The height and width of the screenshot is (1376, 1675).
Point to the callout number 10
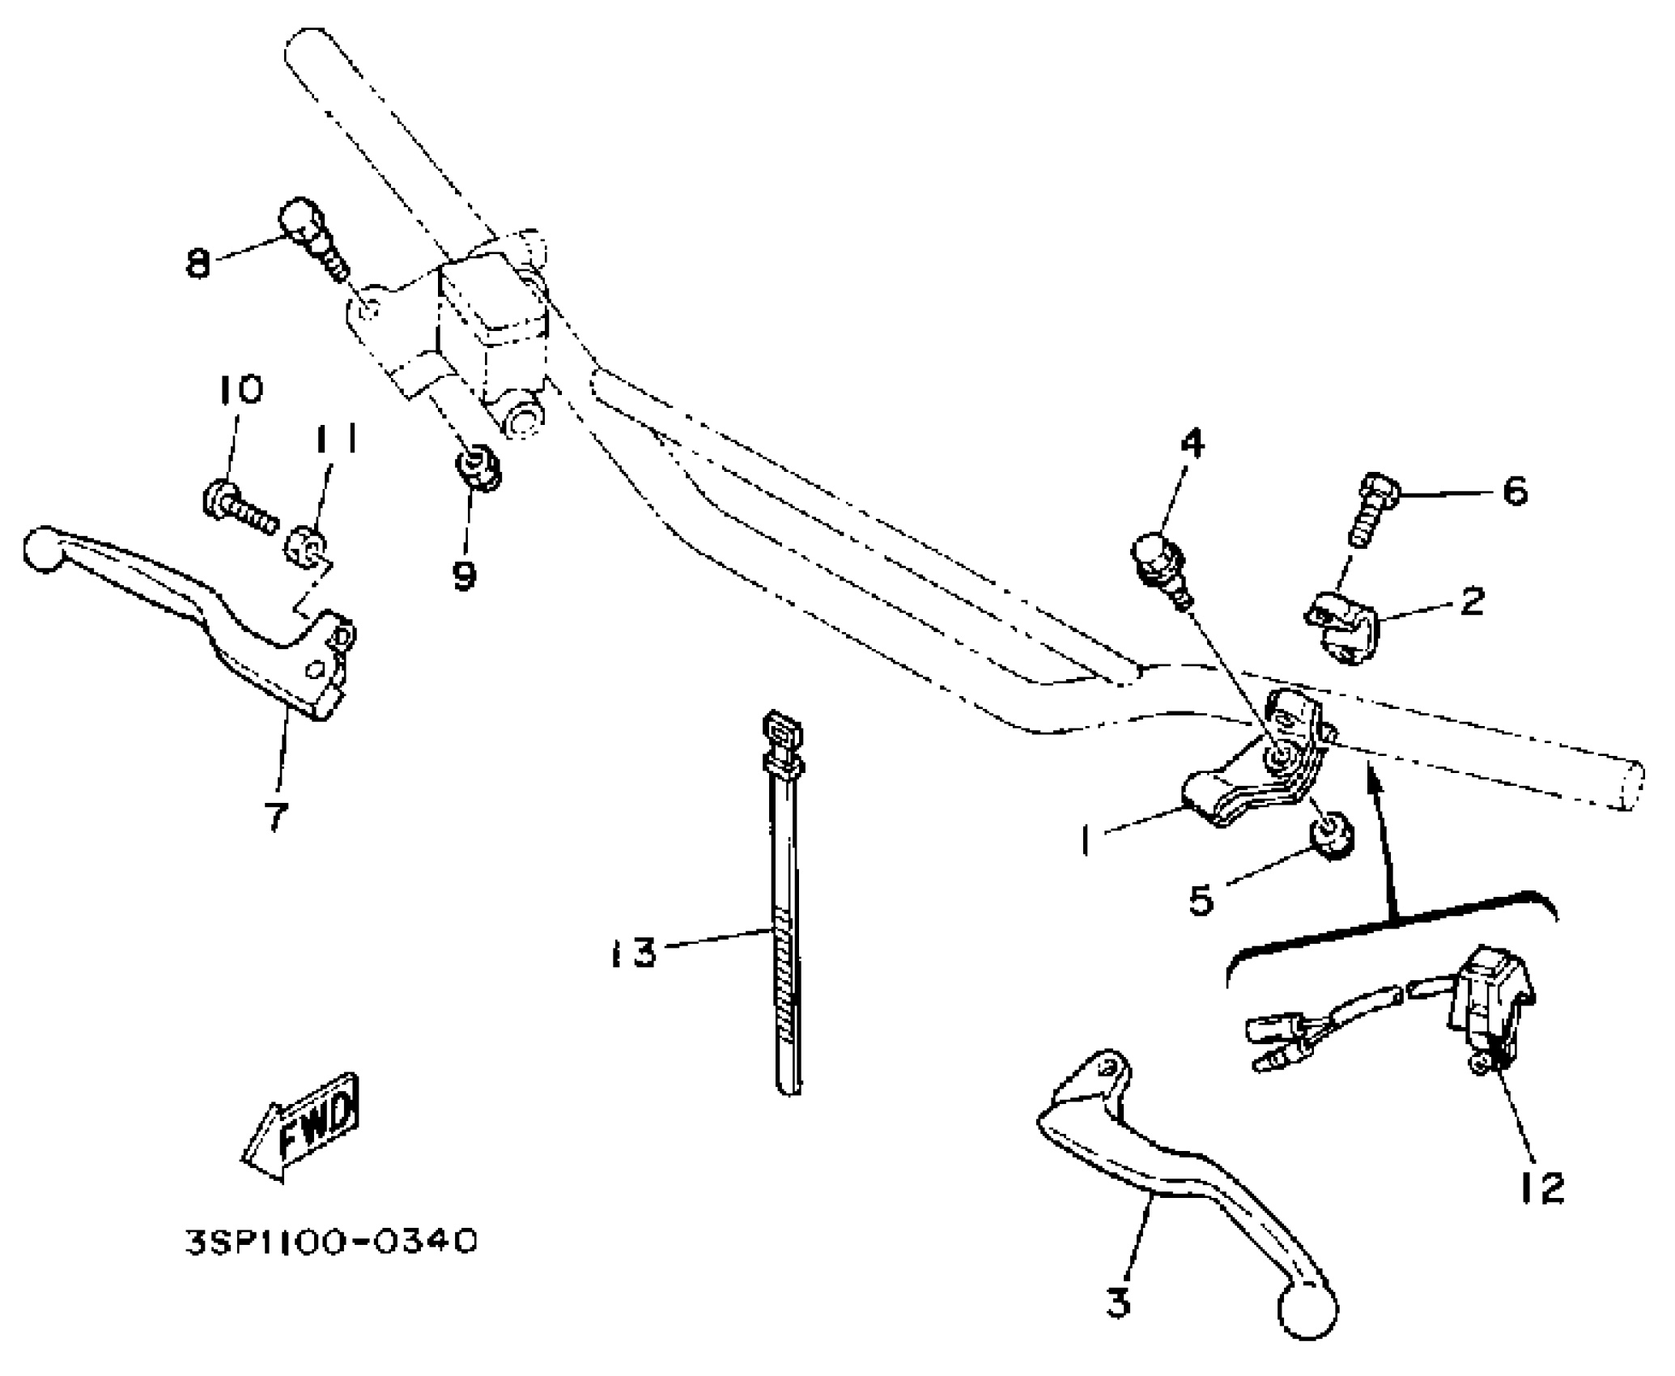[239, 390]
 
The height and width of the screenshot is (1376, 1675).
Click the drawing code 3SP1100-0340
[331, 1263]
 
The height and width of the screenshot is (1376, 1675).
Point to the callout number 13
[633, 953]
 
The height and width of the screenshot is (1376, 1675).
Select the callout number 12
[1541, 1187]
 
